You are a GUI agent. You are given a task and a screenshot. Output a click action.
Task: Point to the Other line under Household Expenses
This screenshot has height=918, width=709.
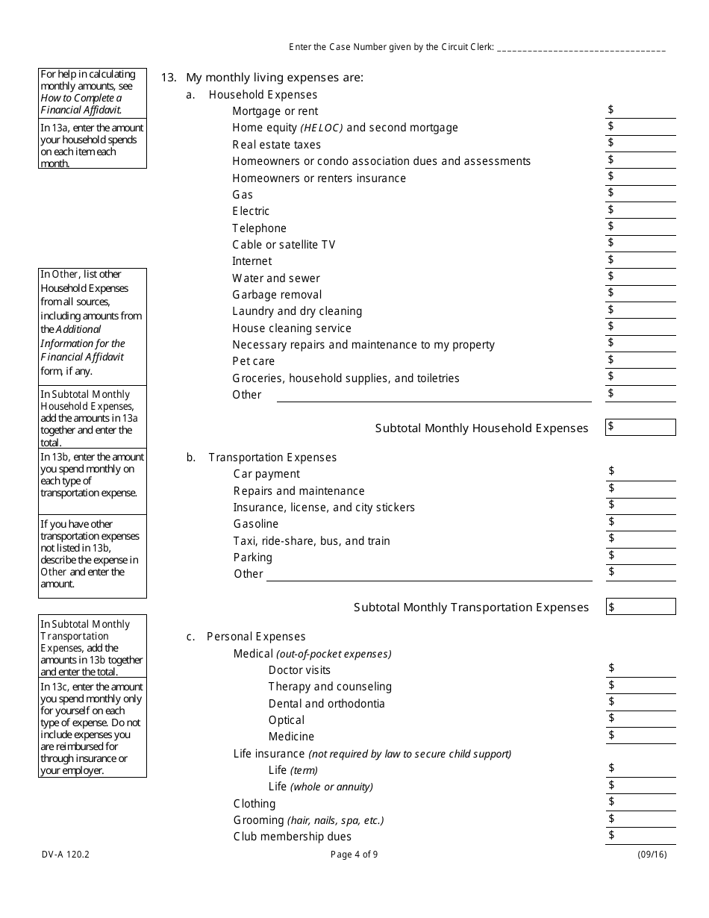coord(434,395)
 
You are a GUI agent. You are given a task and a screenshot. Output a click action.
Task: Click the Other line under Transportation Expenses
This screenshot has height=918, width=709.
coord(429,574)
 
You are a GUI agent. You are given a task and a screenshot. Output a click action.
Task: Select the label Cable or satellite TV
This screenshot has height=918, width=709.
coord(284,245)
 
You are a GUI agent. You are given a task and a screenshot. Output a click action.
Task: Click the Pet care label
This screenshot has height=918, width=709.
coord(253,361)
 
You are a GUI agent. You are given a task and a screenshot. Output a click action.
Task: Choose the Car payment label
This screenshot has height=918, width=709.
coord(266,474)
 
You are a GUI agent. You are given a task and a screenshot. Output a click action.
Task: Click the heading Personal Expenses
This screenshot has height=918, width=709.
coord(256,637)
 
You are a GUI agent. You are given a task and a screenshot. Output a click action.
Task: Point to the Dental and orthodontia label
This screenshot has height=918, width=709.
coord(326,704)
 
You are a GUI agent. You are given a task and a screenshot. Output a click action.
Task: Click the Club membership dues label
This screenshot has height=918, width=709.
coord(292,837)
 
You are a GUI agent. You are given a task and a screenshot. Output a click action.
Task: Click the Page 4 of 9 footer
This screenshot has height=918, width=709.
coord(354,855)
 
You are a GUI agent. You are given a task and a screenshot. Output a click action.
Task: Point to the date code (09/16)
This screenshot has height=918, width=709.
coord(652,855)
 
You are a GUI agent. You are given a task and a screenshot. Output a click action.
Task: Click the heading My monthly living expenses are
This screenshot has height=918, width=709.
coord(274,78)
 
